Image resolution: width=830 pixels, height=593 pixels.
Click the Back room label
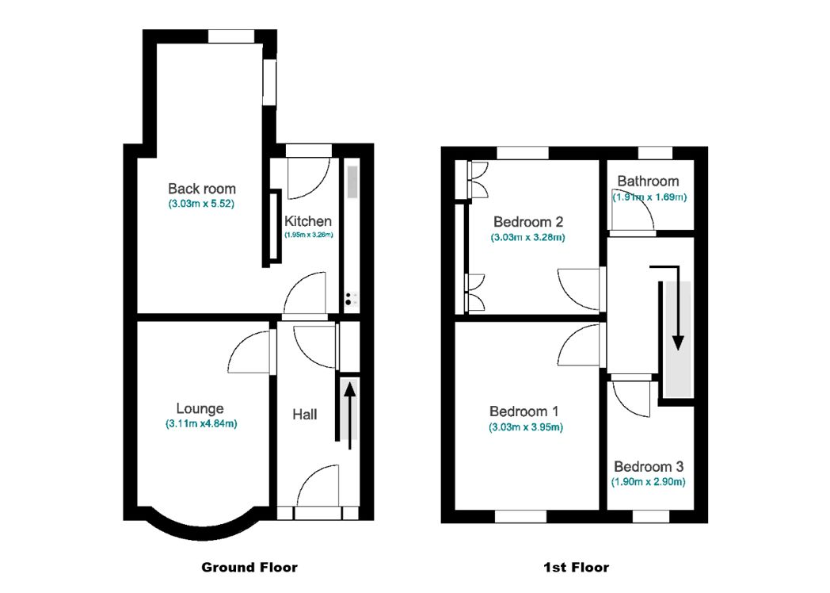point(202,189)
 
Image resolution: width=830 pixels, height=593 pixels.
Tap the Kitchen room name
point(308,221)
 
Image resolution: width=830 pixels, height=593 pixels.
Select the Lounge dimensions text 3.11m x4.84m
point(201,423)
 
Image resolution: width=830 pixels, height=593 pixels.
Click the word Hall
point(305,415)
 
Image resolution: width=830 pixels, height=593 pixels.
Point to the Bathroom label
point(648,182)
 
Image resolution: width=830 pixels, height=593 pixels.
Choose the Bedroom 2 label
point(527,221)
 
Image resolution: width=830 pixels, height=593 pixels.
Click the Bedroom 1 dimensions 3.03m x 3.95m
point(526,427)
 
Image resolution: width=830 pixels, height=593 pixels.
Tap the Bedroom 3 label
point(649,467)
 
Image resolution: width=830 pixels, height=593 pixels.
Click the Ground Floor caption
point(249,568)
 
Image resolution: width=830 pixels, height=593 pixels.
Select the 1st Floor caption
point(576,568)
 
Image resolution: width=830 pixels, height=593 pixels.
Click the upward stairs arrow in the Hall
point(349,416)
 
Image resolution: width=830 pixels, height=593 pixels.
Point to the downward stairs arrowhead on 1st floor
point(678,342)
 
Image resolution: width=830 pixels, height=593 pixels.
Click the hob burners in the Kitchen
point(348,300)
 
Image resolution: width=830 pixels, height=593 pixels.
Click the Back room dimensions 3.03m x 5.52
point(201,204)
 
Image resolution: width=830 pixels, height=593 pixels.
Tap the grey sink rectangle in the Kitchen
point(352,182)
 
